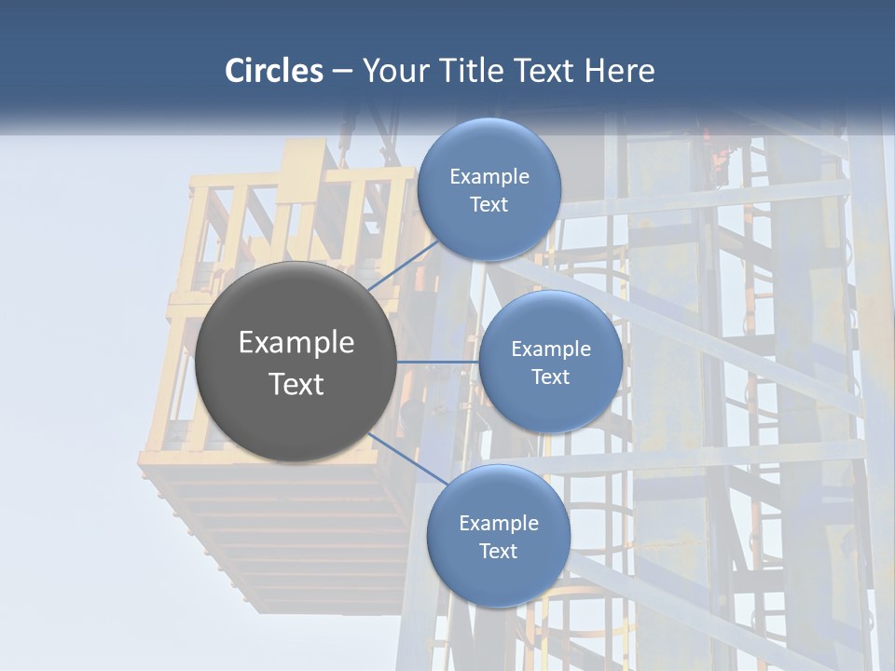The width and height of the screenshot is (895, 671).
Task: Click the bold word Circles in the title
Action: point(274,71)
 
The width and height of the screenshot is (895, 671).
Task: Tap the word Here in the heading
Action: point(620,71)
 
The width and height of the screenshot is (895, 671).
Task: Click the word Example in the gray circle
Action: point(296,343)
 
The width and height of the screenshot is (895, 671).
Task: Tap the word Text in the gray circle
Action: point(296,384)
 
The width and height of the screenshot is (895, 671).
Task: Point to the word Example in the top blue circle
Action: point(489,177)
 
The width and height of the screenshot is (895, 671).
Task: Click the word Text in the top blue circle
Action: point(489,205)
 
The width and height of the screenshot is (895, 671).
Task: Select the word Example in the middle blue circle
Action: point(551,349)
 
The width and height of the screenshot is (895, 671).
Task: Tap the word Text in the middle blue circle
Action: point(550,377)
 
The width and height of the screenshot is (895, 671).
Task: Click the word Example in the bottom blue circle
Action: point(499,524)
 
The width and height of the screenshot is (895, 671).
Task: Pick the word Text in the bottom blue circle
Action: point(498,552)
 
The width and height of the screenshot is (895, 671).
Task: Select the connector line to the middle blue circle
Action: point(438,361)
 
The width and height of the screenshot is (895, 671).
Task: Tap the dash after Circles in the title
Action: point(342,71)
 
